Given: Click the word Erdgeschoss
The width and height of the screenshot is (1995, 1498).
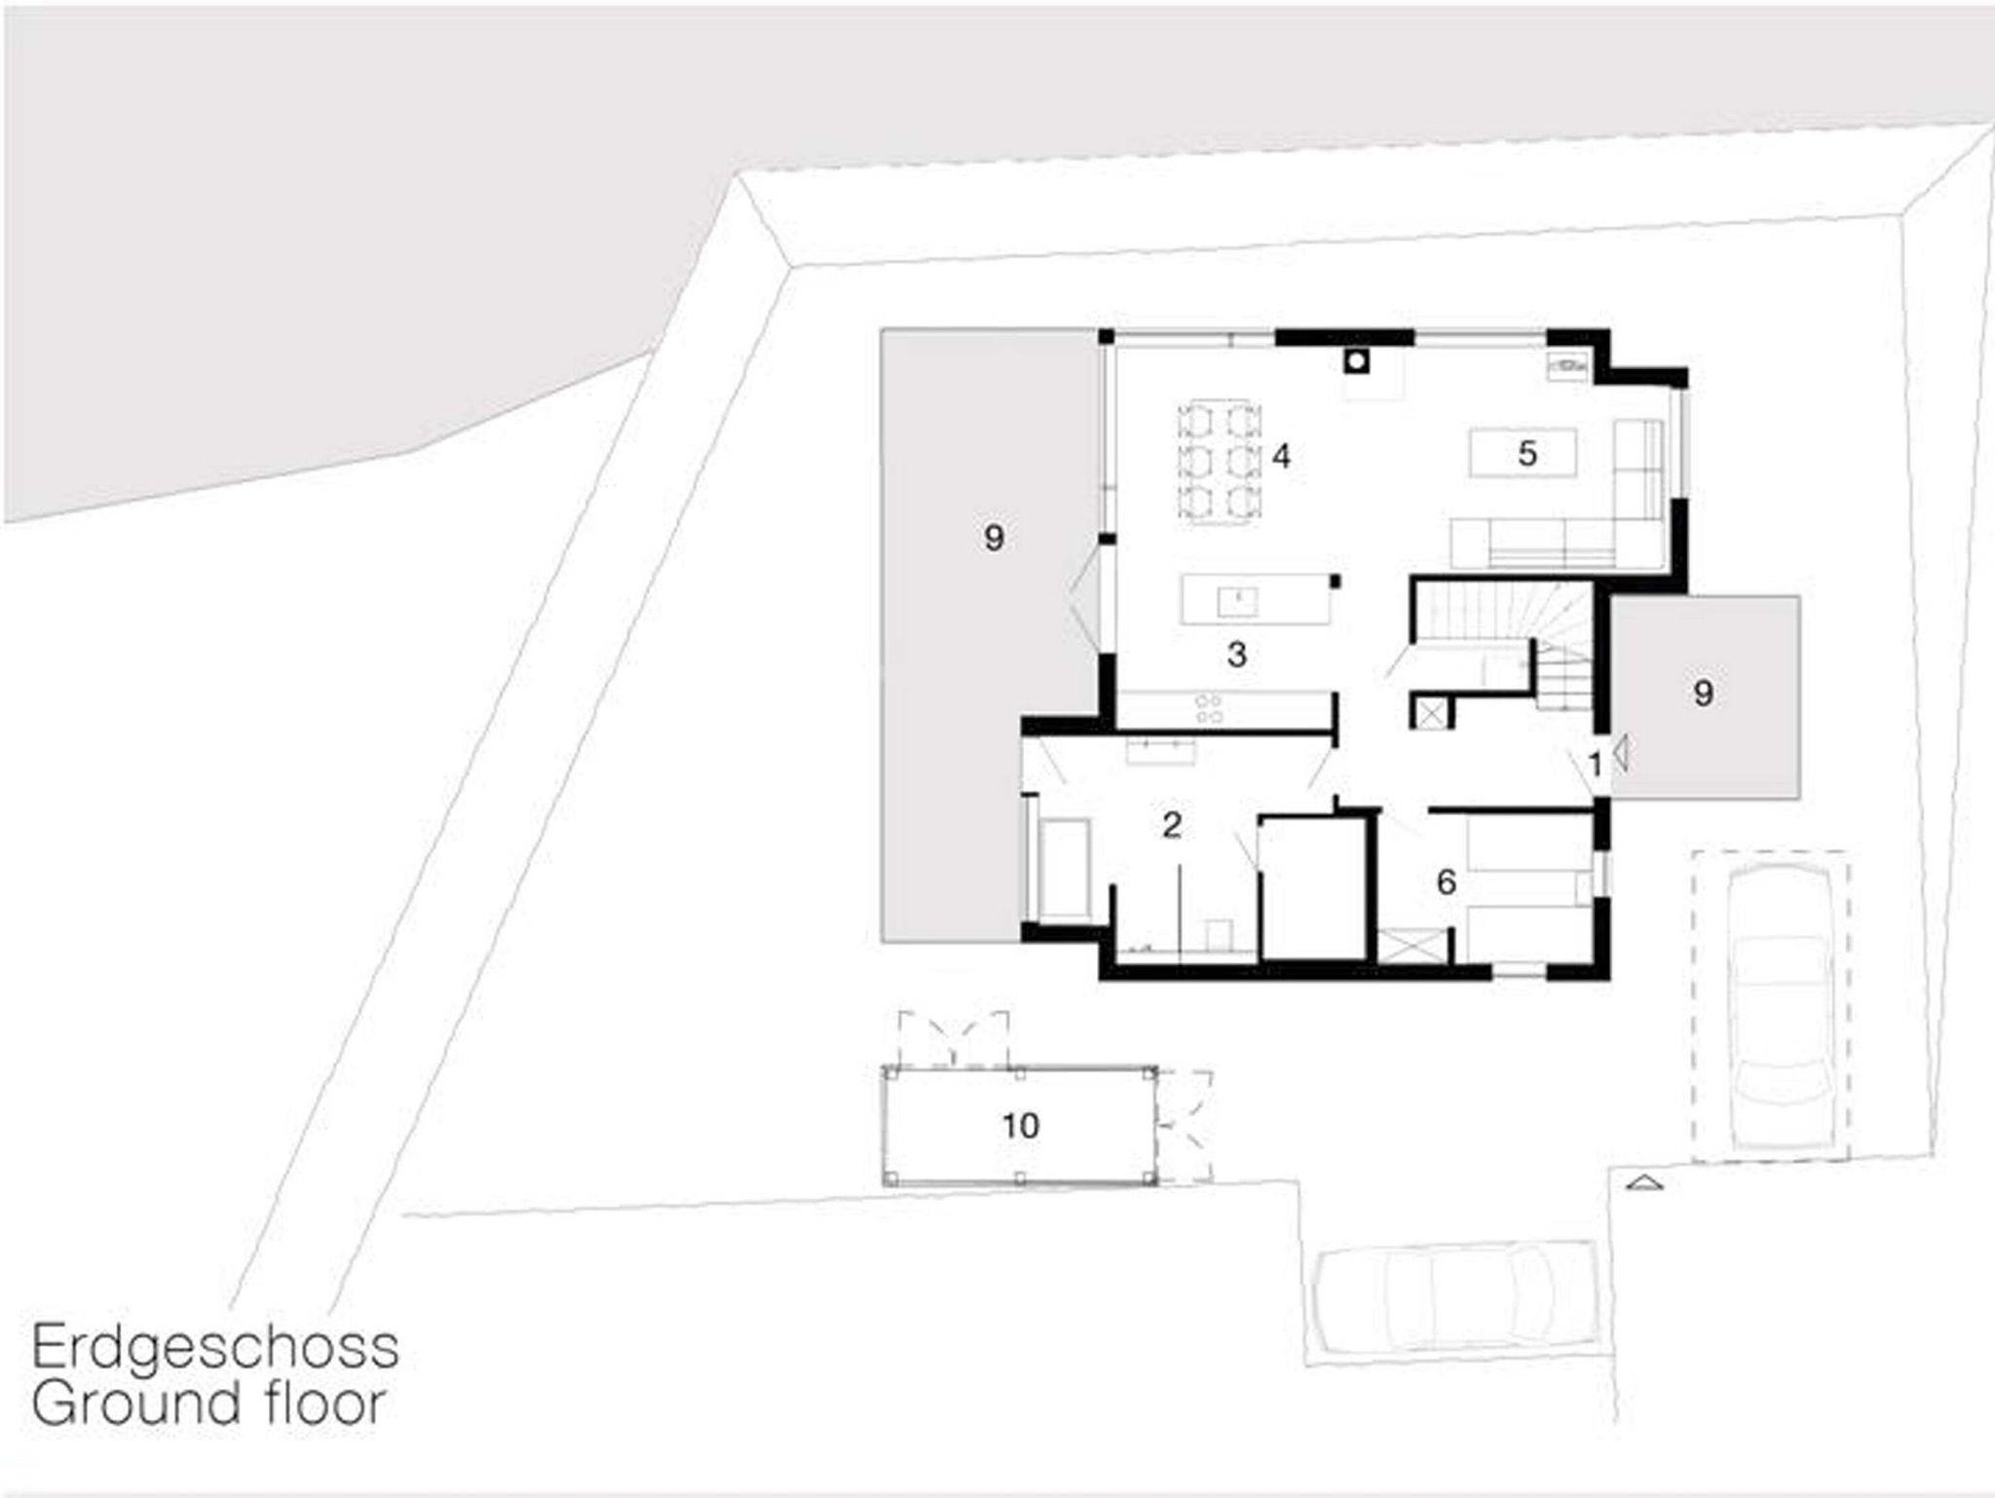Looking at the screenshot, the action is point(215,1348).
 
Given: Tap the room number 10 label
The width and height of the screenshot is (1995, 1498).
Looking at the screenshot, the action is point(1021,1126).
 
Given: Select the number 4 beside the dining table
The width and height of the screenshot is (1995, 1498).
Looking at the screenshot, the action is point(1281,456).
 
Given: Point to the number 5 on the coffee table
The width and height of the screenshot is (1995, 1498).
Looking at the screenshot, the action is point(1526,453).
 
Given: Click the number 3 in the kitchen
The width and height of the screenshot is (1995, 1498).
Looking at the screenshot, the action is point(1237,655).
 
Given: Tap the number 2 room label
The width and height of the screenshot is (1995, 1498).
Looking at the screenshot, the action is point(1172,825).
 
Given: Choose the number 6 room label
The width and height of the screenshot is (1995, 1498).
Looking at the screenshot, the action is point(1447,881).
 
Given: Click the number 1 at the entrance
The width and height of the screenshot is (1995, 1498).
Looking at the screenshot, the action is point(1596,766).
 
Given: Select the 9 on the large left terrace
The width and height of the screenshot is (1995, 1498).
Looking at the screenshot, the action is point(994,538).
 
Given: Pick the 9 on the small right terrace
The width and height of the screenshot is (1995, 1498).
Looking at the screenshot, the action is point(1703,693).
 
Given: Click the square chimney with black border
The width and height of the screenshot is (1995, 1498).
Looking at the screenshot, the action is point(1356,362).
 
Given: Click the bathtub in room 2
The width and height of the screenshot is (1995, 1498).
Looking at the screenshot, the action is point(1064,869).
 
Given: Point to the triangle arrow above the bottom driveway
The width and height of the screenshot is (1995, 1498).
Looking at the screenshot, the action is point(1644,1182).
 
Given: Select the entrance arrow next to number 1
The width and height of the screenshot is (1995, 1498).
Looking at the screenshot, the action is point(1620,753).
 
